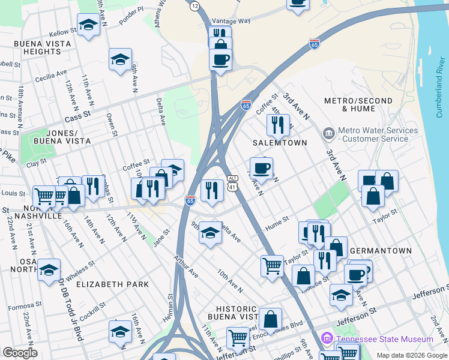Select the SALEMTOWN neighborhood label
click(x=279, y=143)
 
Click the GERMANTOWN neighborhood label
click(x=380, y=251)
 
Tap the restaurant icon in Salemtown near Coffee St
click(x=278, y=124)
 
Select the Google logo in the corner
click(x=20, y=353)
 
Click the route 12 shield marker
click(x=194, y=5)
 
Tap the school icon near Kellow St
click(x=89, y=25)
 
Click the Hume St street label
click(x=277, y=223)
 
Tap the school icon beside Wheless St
click(x=49, y=269)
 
